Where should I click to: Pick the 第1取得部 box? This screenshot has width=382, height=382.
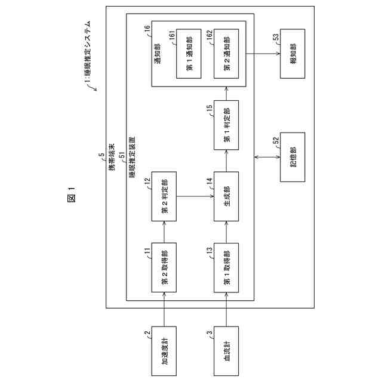tap(227, 266)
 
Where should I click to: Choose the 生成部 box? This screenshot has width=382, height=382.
tap(227, 196)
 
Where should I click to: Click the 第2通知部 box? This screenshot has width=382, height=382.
tap(227, 56)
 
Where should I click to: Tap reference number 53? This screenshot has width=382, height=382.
tap(276, 36)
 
